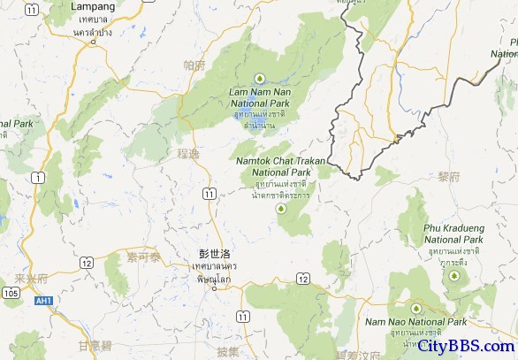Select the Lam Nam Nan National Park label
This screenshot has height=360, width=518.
(x=259, y=97)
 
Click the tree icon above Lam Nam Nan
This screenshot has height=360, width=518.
(x=260, y=77)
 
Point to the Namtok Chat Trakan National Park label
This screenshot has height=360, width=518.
(x=280, y=165)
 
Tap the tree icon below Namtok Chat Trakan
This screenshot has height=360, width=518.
(x=282, y=209)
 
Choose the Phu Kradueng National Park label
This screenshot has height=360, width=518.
(x=453, y=234)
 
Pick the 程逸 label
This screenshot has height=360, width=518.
(x=187, y=154)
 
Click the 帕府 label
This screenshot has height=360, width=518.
(x=194, y=65)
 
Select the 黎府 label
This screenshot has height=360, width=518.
(x=449, y=177)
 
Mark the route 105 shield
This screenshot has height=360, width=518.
(x=11, y=293)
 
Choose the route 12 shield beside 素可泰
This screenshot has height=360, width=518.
(x=87, y=263)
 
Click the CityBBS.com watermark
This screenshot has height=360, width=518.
(x=466, y=346)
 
